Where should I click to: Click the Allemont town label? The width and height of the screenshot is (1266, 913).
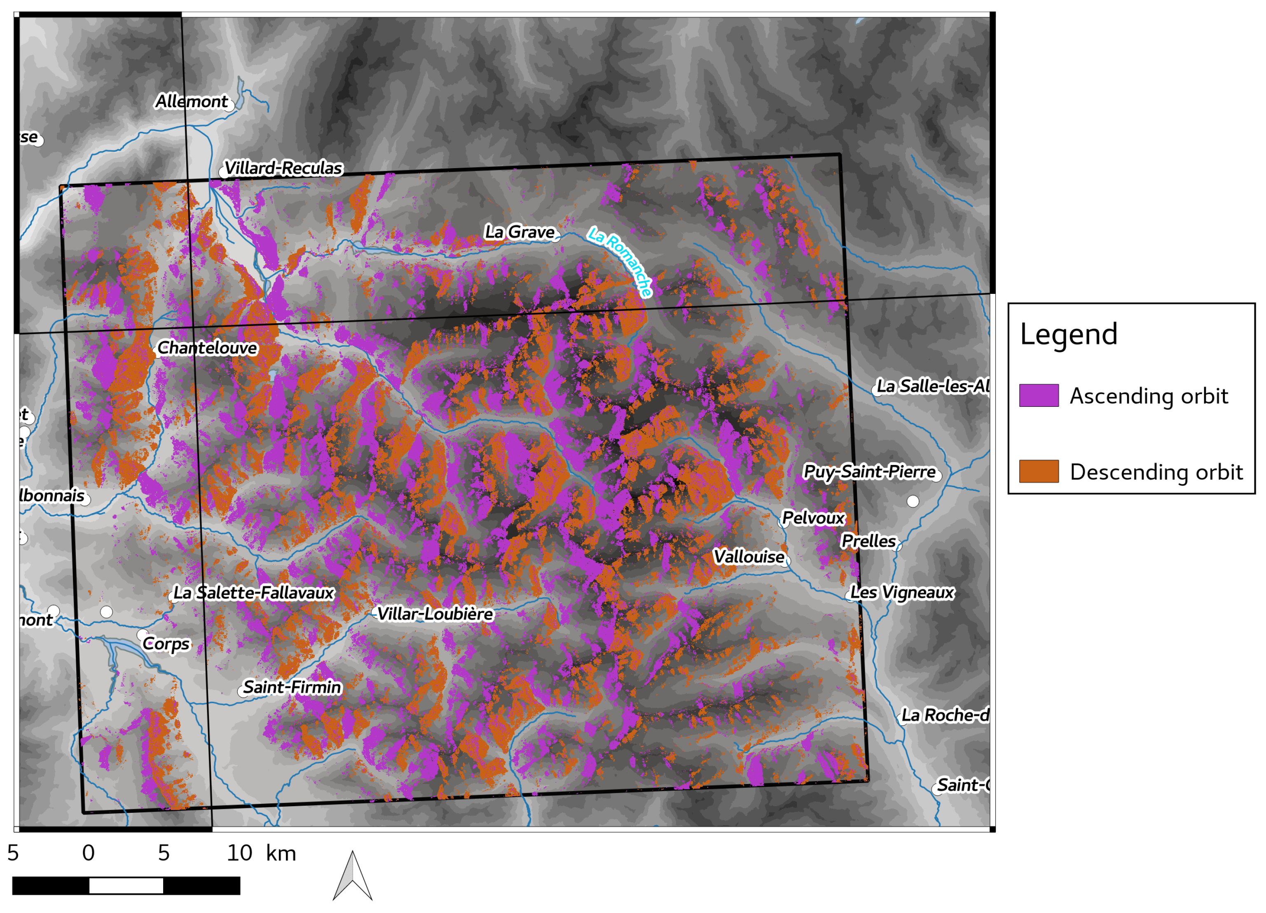click(192, 102)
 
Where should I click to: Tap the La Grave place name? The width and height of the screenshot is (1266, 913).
click(519, 232)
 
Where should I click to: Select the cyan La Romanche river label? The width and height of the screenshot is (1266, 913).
click(620, 261)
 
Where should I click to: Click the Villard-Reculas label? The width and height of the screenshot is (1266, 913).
click(283, 168)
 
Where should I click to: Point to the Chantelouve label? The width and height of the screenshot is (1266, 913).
click(207, 348)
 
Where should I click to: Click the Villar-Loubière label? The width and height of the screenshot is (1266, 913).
click(435, 614)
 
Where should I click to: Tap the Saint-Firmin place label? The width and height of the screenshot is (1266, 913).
click(292, 688)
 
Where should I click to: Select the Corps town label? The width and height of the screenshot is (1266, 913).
click(166, 644)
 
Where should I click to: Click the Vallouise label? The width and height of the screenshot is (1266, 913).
click(749, 557)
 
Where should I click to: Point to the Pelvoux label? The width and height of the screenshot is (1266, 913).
click(813, 518)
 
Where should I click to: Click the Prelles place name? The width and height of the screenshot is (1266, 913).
click(868, 541)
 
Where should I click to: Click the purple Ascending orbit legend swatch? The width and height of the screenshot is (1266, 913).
click(1039, 395)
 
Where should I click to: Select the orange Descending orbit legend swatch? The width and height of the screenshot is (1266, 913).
click(1039, 471)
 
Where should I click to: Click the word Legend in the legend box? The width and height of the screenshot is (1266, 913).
click(1068, 334)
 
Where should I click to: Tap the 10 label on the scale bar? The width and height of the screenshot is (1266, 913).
click(239, 853)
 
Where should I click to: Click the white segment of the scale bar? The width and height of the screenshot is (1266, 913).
click(126, 886)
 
